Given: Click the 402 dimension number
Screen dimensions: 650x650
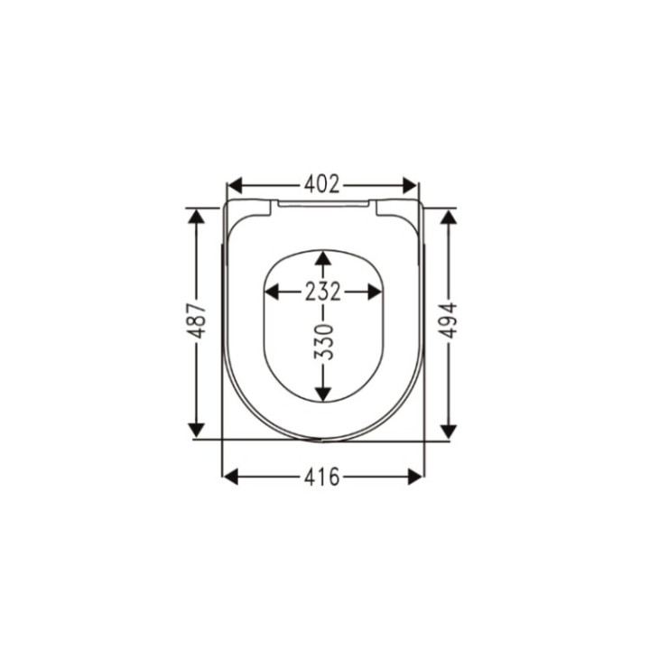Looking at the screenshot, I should tap(322, 185).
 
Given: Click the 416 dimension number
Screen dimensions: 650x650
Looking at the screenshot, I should tap(322, 477).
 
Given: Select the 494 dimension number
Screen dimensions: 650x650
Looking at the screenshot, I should tap(448, 320).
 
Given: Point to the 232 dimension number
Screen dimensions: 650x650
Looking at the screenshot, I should tap(322, 292).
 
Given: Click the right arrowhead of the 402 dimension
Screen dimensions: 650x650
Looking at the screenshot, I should tap(411, 186).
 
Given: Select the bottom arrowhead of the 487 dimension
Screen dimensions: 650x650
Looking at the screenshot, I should tap(197, 431).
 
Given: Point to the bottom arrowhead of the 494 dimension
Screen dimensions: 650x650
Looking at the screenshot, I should tap(448, 432).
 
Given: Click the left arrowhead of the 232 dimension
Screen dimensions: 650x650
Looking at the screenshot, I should tap(272, 292).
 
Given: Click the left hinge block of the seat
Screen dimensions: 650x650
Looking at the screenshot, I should tap(251, 209).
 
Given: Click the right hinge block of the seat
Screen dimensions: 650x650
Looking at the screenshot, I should tap(396, 209).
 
